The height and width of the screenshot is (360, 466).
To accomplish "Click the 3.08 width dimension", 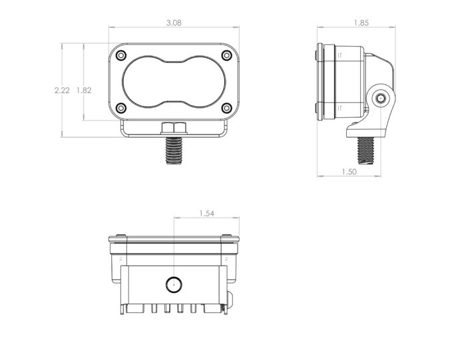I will point(174,22).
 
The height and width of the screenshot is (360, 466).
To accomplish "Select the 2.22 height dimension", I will point(62,91).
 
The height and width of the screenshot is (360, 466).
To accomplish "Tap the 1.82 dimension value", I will point(84,91).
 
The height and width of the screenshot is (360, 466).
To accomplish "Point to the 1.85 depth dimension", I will point(361,22).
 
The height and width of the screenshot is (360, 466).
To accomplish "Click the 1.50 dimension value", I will point(348,172).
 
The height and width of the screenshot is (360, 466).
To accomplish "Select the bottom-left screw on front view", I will point(120,108).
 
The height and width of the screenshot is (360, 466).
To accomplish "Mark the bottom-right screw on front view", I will point(226,108).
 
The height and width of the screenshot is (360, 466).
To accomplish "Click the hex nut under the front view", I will point(174,128).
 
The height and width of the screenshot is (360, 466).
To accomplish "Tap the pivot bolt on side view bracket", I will point(380,98).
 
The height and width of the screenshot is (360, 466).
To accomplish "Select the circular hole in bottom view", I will point(173,283).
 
